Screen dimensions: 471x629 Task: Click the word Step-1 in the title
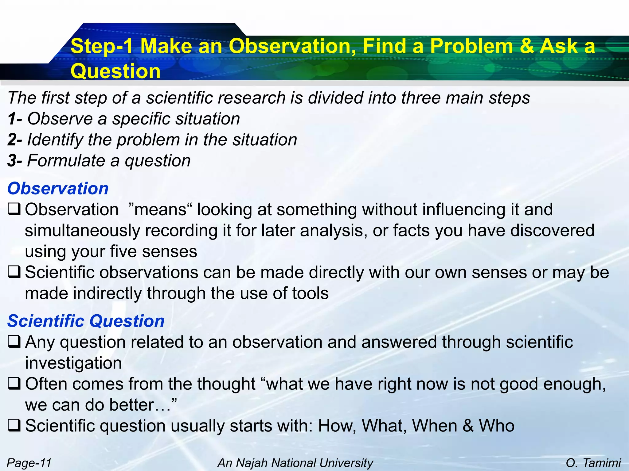[x=102, y=46]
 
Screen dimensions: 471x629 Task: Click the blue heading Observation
[x=58, y=188]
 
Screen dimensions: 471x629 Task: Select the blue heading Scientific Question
[x=86, y=321]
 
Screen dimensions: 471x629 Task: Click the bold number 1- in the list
[x=15, y=119]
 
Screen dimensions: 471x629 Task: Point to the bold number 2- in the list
[x=15, y=140]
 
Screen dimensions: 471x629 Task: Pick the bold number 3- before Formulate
[x=15, y=161]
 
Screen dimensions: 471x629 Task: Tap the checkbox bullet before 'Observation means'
[x=14, y=209]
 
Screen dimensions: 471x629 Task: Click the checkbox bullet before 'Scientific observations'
[x=14, y=272]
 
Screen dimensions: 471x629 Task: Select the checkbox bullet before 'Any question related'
[x=14, y=342]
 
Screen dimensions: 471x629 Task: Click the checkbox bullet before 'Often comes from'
[x=14, y=384]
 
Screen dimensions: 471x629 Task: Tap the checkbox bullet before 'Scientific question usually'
[x=14, y=426]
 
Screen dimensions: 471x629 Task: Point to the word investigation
[x=73, y=363]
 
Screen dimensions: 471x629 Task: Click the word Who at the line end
[x=497, y=426]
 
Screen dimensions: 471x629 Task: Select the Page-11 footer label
[x=29, y=463]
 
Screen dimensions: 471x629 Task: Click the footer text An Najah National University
[x=295, y=463]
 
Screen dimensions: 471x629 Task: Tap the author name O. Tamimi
[x=593, y=463]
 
